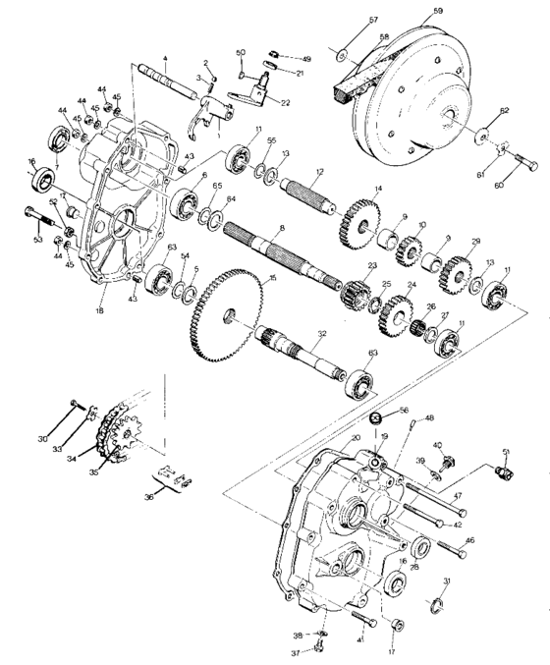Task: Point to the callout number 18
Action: click(99, 309)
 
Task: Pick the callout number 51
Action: click(507, 451)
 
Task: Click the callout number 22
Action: click(285, 102)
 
